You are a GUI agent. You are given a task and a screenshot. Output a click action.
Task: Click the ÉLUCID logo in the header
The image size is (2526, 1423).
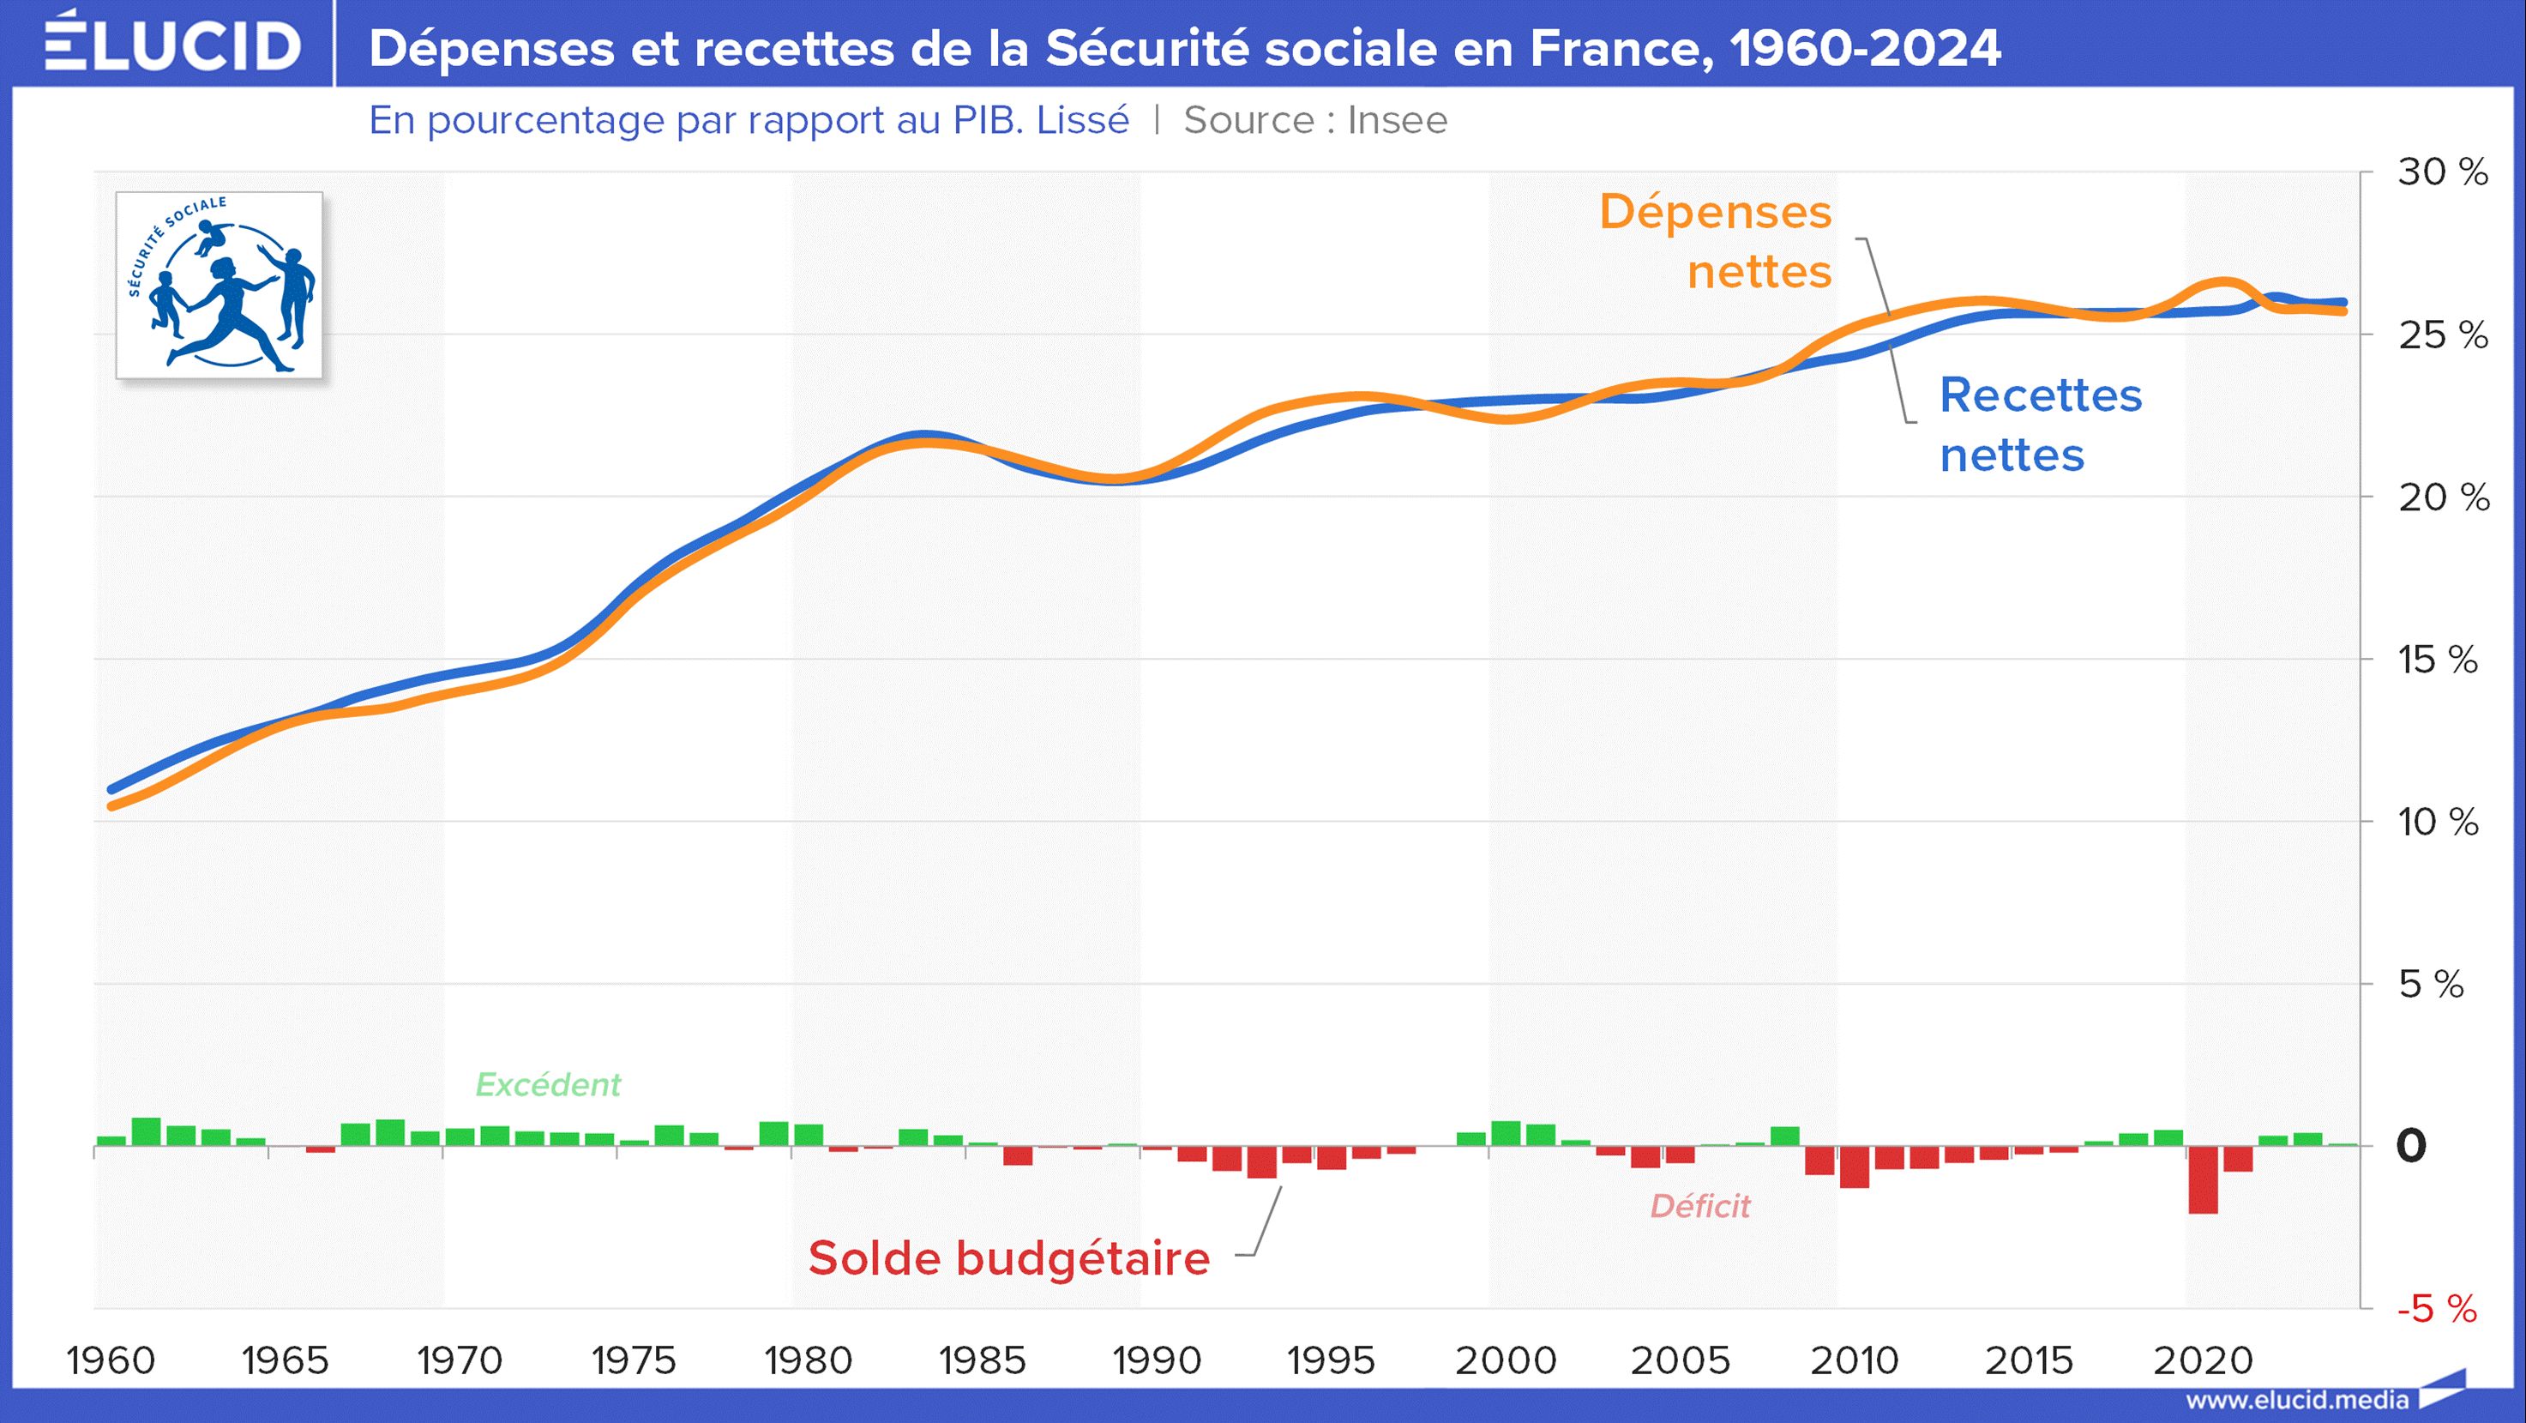(x=172, y=44)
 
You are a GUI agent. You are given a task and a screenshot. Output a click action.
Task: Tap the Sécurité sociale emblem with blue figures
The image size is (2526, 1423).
(x=220, y=286)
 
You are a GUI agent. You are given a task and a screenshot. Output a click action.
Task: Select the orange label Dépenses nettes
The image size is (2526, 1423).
(x=1716, y=241)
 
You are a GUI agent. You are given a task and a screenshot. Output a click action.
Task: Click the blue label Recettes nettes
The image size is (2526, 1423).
(x=2040, y=425)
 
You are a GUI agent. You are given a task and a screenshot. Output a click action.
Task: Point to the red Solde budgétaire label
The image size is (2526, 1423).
(x=1009, y=1258)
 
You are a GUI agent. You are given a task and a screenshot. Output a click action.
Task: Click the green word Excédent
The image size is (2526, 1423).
(x=547, y=1085)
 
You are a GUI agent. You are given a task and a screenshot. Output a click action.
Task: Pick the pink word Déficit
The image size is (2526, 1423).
(x=1699, y=1206)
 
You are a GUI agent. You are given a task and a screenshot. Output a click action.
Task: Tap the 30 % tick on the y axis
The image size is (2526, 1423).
(x=2443, y=172)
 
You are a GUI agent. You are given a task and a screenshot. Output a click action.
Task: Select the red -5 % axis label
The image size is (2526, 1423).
(x=2437, y=1309)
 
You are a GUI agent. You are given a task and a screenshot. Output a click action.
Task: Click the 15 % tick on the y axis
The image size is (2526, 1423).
(x=2438, y=660)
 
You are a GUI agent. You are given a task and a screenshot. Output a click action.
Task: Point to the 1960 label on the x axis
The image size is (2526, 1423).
(x=111, y=1361)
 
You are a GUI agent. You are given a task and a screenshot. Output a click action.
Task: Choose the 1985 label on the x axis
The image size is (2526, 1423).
(x=982, y=1361)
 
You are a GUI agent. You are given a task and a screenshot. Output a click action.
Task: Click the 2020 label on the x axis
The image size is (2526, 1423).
(x=2203, y=1361)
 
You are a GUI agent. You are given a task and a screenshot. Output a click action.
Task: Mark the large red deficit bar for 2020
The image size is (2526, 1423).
(x=2203, y=1179)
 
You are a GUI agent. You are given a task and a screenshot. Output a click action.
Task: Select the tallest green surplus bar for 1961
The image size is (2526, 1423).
(x=146, y=1131)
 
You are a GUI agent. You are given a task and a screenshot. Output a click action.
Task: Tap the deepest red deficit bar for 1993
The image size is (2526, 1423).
(x=1262, y=1162)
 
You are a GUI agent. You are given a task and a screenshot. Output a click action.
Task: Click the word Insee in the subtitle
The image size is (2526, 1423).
(x=1397, y=121)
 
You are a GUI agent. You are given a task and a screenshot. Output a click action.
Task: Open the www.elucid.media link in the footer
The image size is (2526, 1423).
(x=2296, y=1401)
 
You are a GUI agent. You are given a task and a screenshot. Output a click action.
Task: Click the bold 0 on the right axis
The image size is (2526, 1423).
(x=2411, y=1145)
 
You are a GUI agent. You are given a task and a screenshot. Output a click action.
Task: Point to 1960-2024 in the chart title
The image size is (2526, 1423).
(x=1865, y=48)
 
